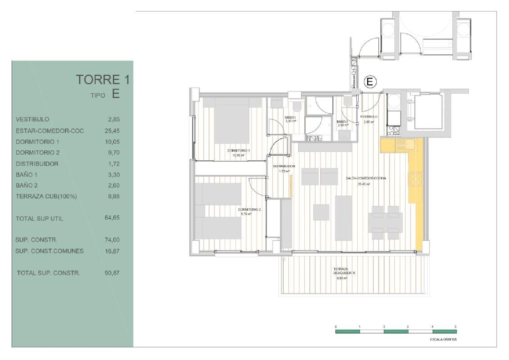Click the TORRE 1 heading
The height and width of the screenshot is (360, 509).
pyautogui.click(x=102, y=79)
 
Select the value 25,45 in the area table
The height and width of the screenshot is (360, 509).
pyautogui.click(x=112, y=131)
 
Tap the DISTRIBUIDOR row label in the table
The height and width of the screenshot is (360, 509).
pyautogui.click(x=37, y=164)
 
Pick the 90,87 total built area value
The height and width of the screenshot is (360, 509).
pyautogui.click(x=112, y=273)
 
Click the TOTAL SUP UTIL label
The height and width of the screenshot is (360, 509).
pyautogui.click(x=39, y=219)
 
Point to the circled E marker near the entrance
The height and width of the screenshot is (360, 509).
pyautogui.click(x=370, y=81)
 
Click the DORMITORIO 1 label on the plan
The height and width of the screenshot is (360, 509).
pyautogui.click(x=239, y=150)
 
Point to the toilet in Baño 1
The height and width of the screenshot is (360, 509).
pyautogui.click(x=297, y=106)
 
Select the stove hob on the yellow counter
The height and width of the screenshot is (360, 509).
pyautogui.click(x=416, y=179)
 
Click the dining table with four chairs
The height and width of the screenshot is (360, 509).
pyautogui.click(x=385, y=222)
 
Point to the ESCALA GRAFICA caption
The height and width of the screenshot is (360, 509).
pyautogui.click(x=443, y=339)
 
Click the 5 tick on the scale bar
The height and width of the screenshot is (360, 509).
pyautogui.click(x=456, y=327)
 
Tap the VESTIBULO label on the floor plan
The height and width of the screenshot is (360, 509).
pyautogui.click(x=369, y=117)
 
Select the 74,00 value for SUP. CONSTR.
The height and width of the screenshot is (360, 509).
pyautogui.click(x=112, y=240)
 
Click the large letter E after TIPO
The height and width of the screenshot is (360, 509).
pyautogui.click(x=116, y=94)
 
